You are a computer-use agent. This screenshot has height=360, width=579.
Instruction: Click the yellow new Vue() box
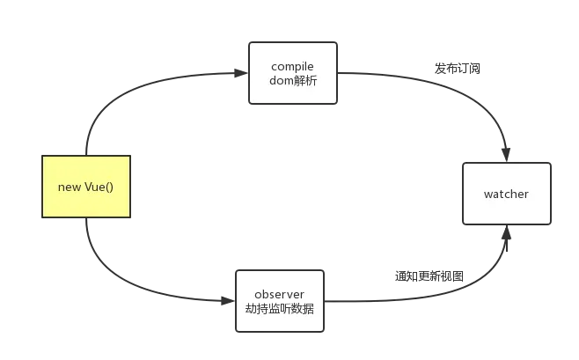click(x=86, y=187)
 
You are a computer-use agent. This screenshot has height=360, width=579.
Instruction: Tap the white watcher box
click(x=506, y=194)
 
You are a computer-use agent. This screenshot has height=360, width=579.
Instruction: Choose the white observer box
click(x=279, y=300)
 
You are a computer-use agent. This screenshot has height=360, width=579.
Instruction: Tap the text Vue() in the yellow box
click(x=99, y=187)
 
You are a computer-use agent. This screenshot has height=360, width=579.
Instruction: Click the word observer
click(x=279, y=292)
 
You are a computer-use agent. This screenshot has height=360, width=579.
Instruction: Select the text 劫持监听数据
click(x=279, y=309)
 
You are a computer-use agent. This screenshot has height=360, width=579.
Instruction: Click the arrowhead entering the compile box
click(x=239, y=72)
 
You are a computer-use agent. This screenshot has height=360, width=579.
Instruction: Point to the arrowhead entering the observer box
click(x=227, y=300)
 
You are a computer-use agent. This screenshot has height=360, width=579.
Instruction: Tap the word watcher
click(x=506, y=194)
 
